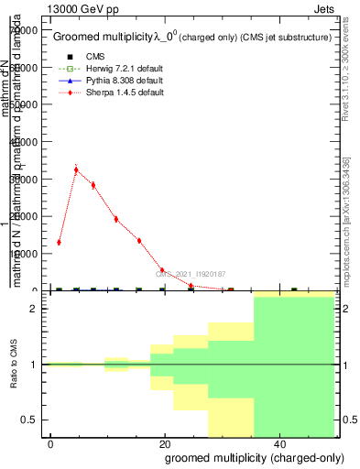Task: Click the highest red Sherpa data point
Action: [x=76, y=169]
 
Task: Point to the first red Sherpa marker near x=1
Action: [x=59, y=243]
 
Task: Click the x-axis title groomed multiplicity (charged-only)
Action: [x=243, y=457]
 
